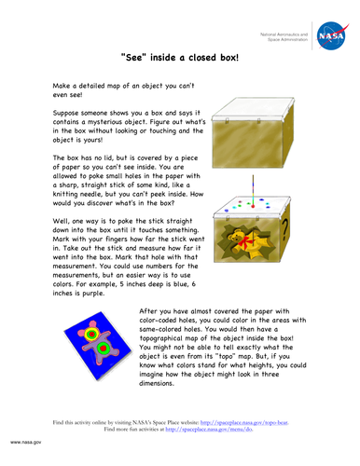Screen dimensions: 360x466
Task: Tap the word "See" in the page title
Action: pos(137,57)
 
